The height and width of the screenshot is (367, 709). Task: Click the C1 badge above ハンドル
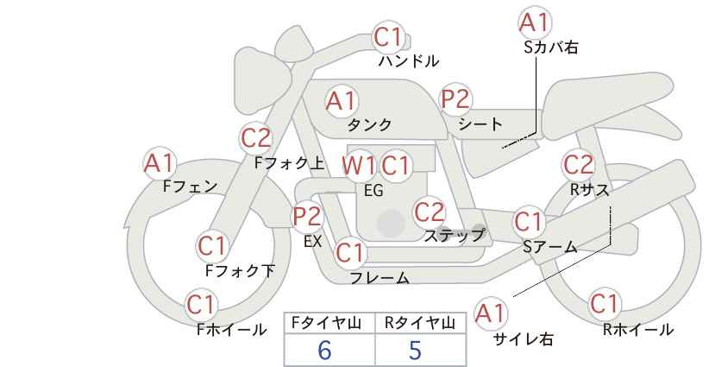click(x=388, y=37)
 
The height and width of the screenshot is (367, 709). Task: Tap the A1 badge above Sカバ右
click(x=535, y=22)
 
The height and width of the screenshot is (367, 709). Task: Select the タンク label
click(x=369, y=125)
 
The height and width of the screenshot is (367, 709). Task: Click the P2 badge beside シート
click(x=455, y=99)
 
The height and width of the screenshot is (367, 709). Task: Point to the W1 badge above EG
click(x=358, y=166)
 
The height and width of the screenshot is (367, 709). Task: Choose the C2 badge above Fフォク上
click(x=256, y=138)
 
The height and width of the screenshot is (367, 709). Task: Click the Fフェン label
click(x=190, y=187)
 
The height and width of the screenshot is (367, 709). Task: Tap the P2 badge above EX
click(x=307, y=216)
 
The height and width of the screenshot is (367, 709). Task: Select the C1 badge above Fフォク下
click(x=211, y=247)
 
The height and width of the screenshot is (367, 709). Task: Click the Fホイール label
click(x=231, y=330)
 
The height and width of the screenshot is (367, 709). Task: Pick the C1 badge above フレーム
click(x=350, y=252)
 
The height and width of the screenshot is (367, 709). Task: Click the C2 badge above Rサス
click(x=578, y=165)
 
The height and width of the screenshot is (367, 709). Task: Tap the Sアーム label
click(x=549, y=247)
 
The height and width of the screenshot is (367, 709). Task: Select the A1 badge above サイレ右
click(x=491, y=313)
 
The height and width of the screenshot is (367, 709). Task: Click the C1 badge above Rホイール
click(x=605, y=304)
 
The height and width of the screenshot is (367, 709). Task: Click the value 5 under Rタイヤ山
click(x=415, y=350)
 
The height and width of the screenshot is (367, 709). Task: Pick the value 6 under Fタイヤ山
click(x=324, y=350)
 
